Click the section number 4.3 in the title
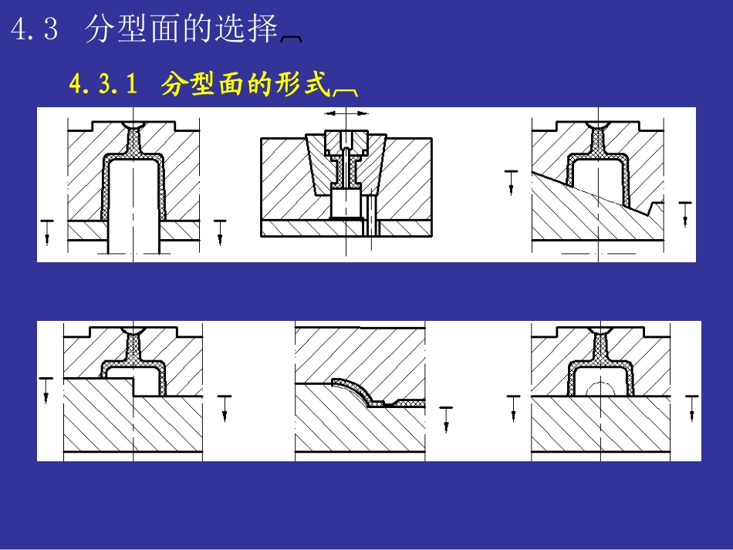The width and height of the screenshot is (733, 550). pos(34,30)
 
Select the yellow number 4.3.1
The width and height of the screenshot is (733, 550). pos(103,84)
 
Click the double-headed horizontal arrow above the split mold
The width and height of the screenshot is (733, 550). pos(346,113)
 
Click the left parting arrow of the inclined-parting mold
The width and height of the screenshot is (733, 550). pos(510,181)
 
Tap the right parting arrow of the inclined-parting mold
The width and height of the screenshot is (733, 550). pos(685,214)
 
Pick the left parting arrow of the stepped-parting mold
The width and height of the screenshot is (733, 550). pos(46,389)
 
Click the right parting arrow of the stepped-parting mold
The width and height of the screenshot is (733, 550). pos(225,407)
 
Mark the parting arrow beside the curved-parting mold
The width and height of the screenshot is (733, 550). pos(445,418)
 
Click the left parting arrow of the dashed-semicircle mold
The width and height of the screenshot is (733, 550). pos(513,407)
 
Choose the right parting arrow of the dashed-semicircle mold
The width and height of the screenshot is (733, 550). pos(691,407)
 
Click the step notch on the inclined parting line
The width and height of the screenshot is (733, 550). pos(657,207)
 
